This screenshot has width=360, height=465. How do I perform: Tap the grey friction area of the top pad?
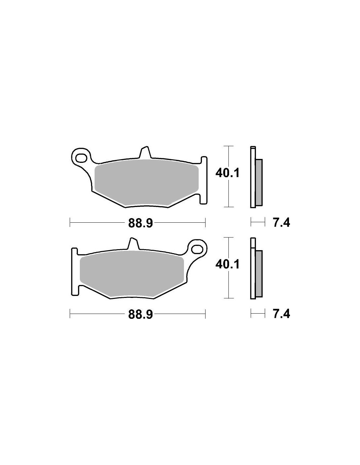147,183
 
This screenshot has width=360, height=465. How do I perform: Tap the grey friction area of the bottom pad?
132,275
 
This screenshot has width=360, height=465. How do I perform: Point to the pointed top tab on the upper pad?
145,152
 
